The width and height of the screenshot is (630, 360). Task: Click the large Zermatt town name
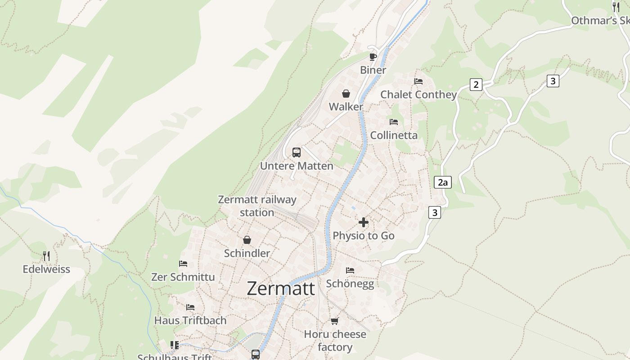281,288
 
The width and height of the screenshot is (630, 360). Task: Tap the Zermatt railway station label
257,206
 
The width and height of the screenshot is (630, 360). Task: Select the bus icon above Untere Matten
296,152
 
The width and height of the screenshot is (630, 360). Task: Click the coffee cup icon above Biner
373,56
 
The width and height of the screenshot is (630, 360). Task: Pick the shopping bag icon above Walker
346,94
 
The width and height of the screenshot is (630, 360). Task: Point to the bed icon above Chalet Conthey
418,81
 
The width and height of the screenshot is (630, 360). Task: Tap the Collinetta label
394,135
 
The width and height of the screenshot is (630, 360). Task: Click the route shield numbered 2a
442,182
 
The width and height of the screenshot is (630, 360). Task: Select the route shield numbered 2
476,84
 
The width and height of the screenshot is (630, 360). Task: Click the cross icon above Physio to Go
363,222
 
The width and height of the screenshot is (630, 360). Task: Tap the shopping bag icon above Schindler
247,240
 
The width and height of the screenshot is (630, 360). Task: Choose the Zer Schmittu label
183,277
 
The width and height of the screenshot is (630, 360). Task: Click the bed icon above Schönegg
350,270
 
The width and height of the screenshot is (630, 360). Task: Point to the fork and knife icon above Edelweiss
46,256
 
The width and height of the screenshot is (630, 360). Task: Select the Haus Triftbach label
190,320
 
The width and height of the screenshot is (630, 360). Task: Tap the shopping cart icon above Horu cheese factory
334,321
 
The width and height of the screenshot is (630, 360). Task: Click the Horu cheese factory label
335,341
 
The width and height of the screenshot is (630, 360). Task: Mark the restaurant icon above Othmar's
616,7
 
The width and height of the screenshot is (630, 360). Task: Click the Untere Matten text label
297,166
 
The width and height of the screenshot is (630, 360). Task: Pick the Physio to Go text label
363,235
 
